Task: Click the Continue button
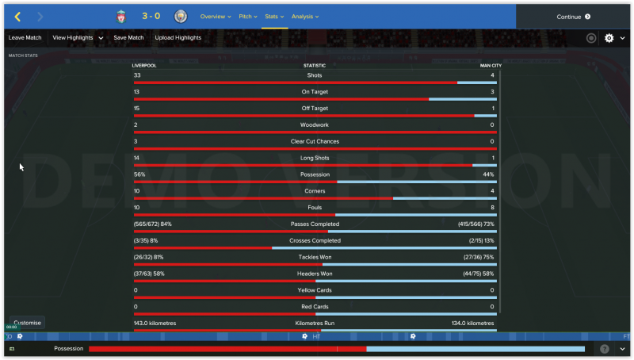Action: [574, 17]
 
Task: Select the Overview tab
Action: [215, 17]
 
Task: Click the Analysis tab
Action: [304, 17]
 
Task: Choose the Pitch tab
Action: [247, 17]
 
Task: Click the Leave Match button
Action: [25, 37]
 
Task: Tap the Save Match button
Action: [128, 37]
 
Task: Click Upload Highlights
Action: [178, 37]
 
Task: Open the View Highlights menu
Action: [78, 37]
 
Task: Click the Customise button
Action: [27, 323]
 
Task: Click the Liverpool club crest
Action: [121, 17]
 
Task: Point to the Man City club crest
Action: [181, 17]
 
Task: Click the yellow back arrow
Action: [17, 17]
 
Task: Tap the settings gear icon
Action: [609, 38]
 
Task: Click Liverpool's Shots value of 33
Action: [137, 75]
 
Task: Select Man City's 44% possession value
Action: [488, 174]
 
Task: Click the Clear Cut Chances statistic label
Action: [315, 141]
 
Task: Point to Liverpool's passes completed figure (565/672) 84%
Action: [153, 224]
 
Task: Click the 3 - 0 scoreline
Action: [151, 17]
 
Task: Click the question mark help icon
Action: [605, 349]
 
